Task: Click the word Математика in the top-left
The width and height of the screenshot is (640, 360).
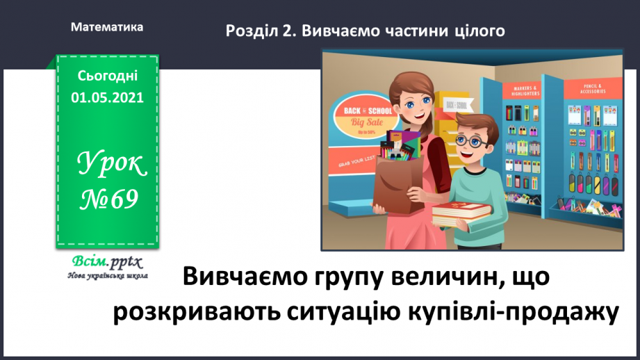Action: click(x=107, y=27)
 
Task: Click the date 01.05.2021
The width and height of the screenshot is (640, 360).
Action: click(x=107, y=98)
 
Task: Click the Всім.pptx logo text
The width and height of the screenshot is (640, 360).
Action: click(x=106, y=262)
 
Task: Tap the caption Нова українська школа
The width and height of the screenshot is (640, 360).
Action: click(x=106, y=275)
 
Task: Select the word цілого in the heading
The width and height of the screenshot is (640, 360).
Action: click(x=476, y=31)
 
